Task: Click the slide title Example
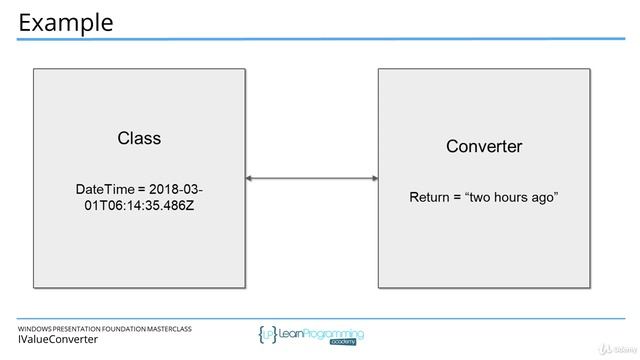[x=66, y=21]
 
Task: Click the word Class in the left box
[x=139, y=138]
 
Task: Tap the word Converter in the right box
[x=484, y=146]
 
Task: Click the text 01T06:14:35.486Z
[x=139, y=206]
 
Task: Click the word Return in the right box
[x=431, y=197]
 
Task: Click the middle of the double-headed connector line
[x=311, y=179]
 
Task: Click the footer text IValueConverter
[x=58, y=340]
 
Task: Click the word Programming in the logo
[x=336, y=333]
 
